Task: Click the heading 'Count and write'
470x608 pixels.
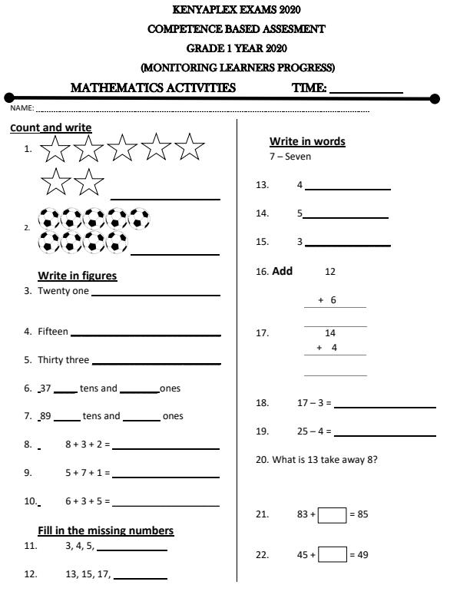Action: tap(51, 127)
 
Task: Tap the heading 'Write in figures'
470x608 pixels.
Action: tap(77, 276)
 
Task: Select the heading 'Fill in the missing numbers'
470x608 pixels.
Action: tap(105, 530)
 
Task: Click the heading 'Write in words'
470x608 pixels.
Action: tap(307, 141)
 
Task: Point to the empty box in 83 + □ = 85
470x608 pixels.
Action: tap(332, 514)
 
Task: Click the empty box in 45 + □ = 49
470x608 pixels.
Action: tap(332, 554)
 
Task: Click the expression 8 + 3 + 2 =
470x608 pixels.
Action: tap(88, 444)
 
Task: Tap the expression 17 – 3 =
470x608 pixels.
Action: tap(314, 403)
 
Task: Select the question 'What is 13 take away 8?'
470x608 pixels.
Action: tap(324, 459)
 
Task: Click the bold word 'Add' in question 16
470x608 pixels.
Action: tap(282, 271)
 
